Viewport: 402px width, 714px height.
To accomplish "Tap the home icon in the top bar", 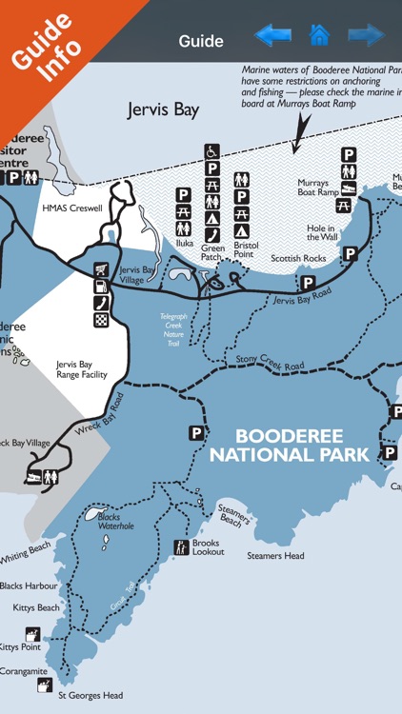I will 318,37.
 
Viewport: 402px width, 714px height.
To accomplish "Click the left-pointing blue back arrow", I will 271,37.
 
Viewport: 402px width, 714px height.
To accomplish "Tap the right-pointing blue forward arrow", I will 366,37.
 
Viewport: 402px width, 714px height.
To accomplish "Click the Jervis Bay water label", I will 164,109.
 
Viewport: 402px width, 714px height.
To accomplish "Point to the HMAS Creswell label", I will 71,208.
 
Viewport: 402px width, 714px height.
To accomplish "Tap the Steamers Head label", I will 275,556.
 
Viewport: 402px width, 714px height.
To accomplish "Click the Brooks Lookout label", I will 206,547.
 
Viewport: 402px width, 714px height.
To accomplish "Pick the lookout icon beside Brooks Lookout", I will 181,547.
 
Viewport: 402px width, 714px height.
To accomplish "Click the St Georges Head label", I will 90,695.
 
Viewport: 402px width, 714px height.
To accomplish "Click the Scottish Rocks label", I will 298,258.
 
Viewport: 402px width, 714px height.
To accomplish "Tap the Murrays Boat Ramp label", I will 316,188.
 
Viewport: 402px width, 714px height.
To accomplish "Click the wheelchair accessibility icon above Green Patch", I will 211,150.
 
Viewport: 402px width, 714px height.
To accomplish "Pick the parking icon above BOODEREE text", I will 196,432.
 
